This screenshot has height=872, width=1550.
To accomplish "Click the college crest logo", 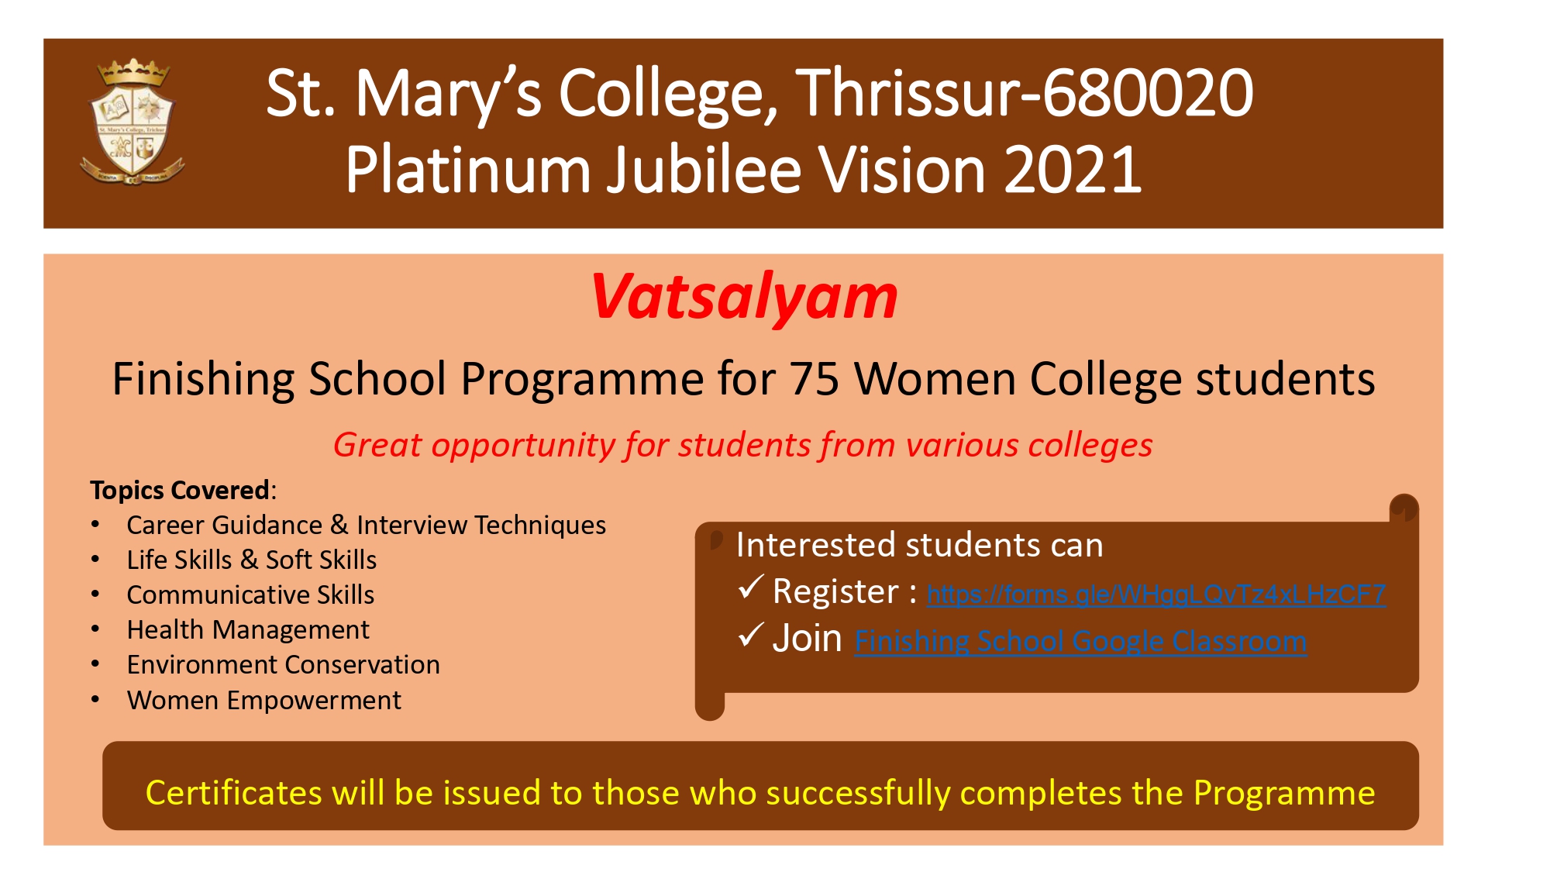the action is (133, 122).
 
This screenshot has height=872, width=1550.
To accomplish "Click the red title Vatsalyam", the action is (744, 298).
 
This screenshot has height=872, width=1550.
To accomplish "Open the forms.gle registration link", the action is (1156, 595).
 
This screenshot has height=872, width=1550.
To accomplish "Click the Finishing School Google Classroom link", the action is (1080, 642).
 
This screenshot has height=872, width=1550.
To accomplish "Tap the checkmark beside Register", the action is (751, 588).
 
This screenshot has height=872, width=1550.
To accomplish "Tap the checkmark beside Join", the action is (751, 635).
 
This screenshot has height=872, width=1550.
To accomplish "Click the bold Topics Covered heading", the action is (180, 490).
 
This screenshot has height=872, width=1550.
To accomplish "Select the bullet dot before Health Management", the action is (95, 629).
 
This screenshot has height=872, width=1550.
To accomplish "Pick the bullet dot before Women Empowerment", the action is (95, 700).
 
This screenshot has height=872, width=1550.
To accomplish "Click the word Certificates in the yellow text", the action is (234, 793).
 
